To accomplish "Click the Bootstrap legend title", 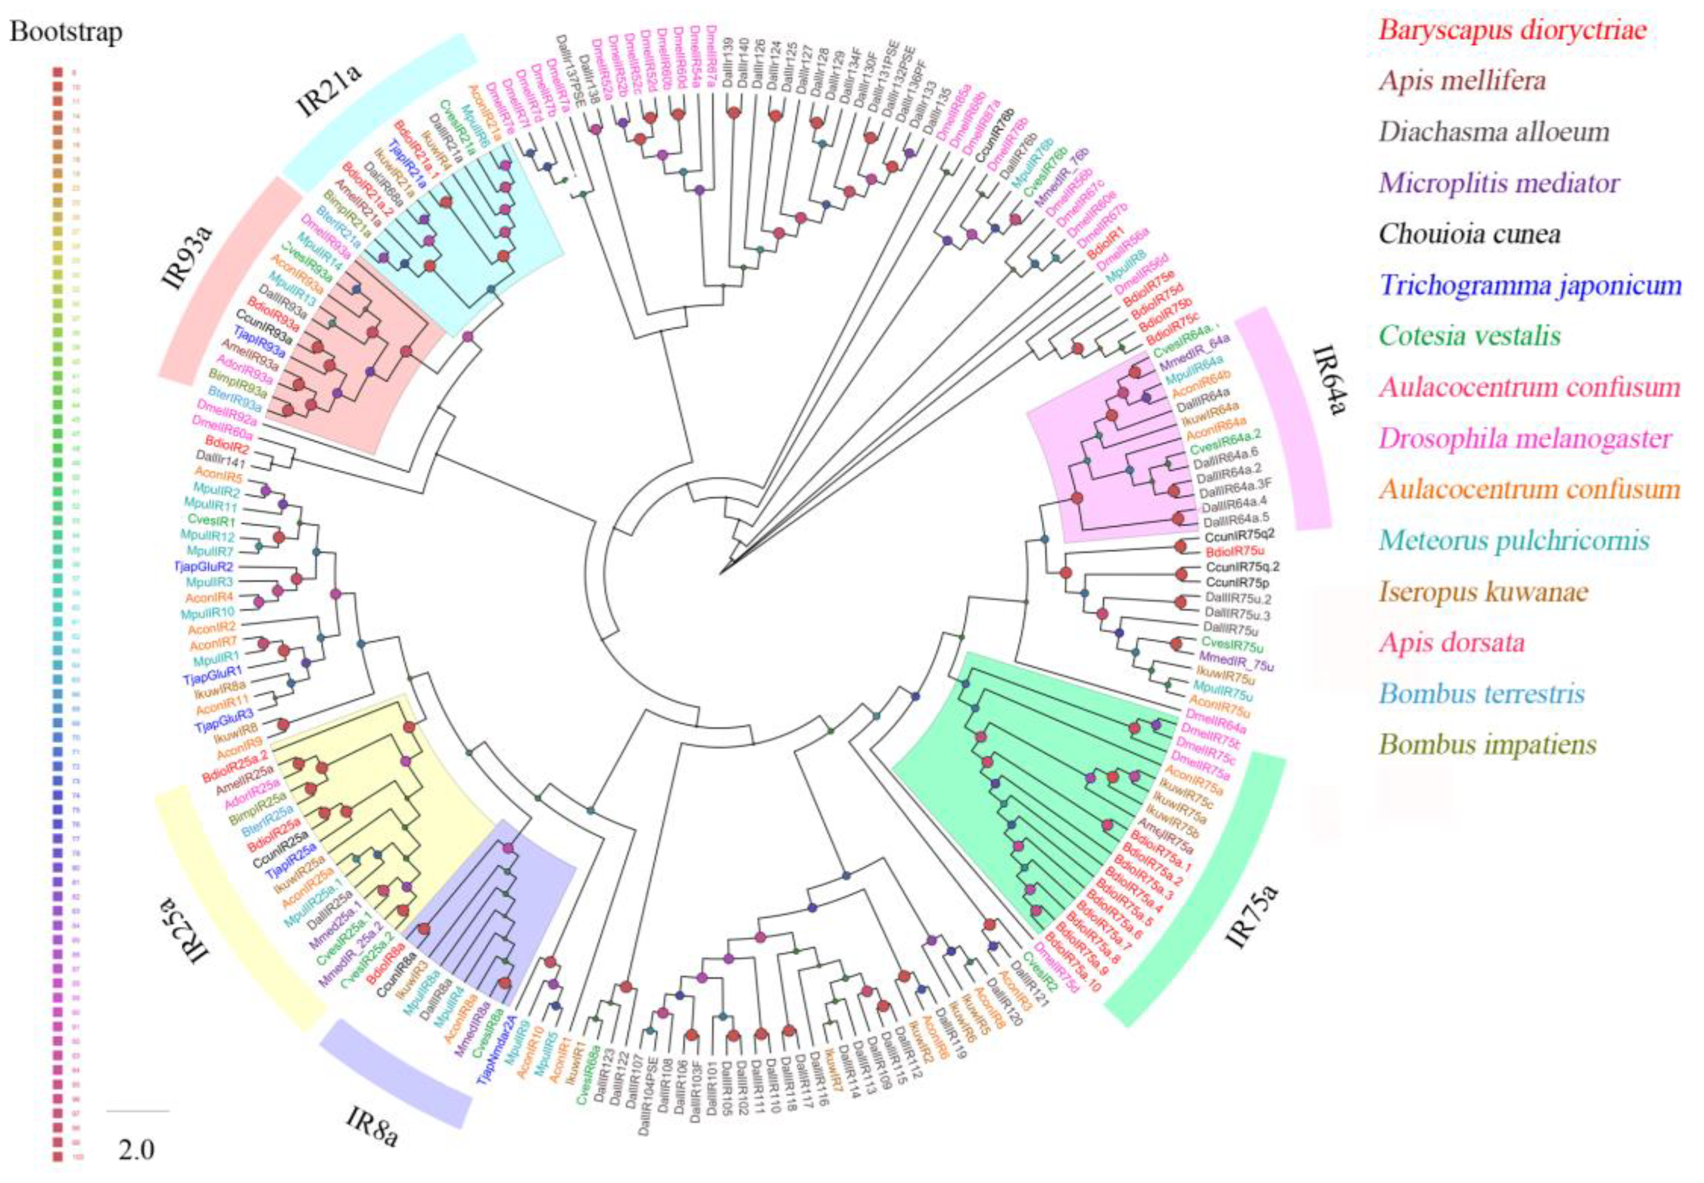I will tap(66, 33).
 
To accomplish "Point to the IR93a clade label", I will tap(186, 256).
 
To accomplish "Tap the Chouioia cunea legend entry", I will tap(1469, 234).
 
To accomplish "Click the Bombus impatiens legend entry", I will tap(1487, 745).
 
